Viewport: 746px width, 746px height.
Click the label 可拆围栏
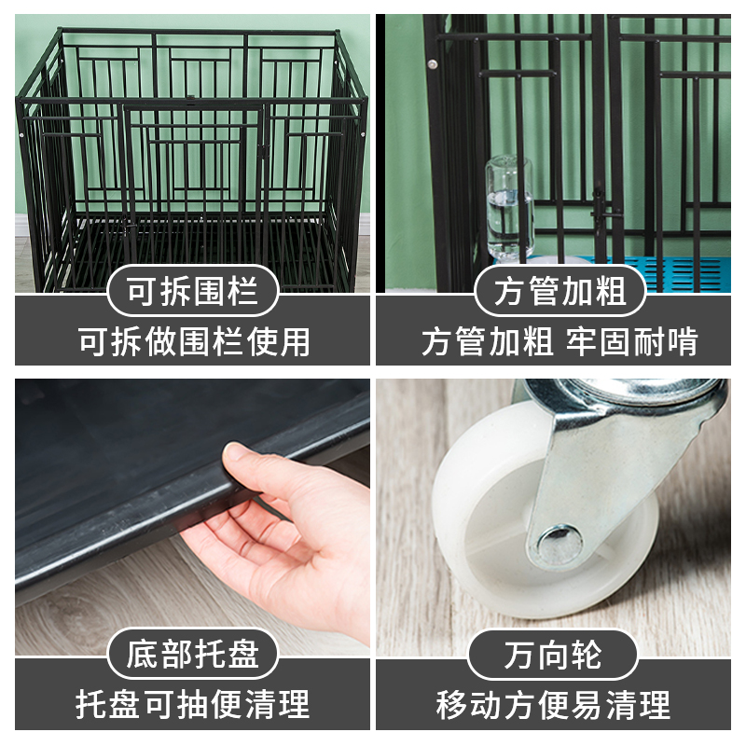[x=193, y=292]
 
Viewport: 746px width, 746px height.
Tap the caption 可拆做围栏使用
[x=193, y=341]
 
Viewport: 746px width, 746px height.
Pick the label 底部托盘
[x=193, y=654]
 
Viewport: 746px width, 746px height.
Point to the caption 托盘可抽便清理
[x=193, y=704]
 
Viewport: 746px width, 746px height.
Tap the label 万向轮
[x=553, y=654]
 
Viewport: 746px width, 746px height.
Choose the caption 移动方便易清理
[x=553, y=704]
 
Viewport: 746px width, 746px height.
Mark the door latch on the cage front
[x=264, y=149]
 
